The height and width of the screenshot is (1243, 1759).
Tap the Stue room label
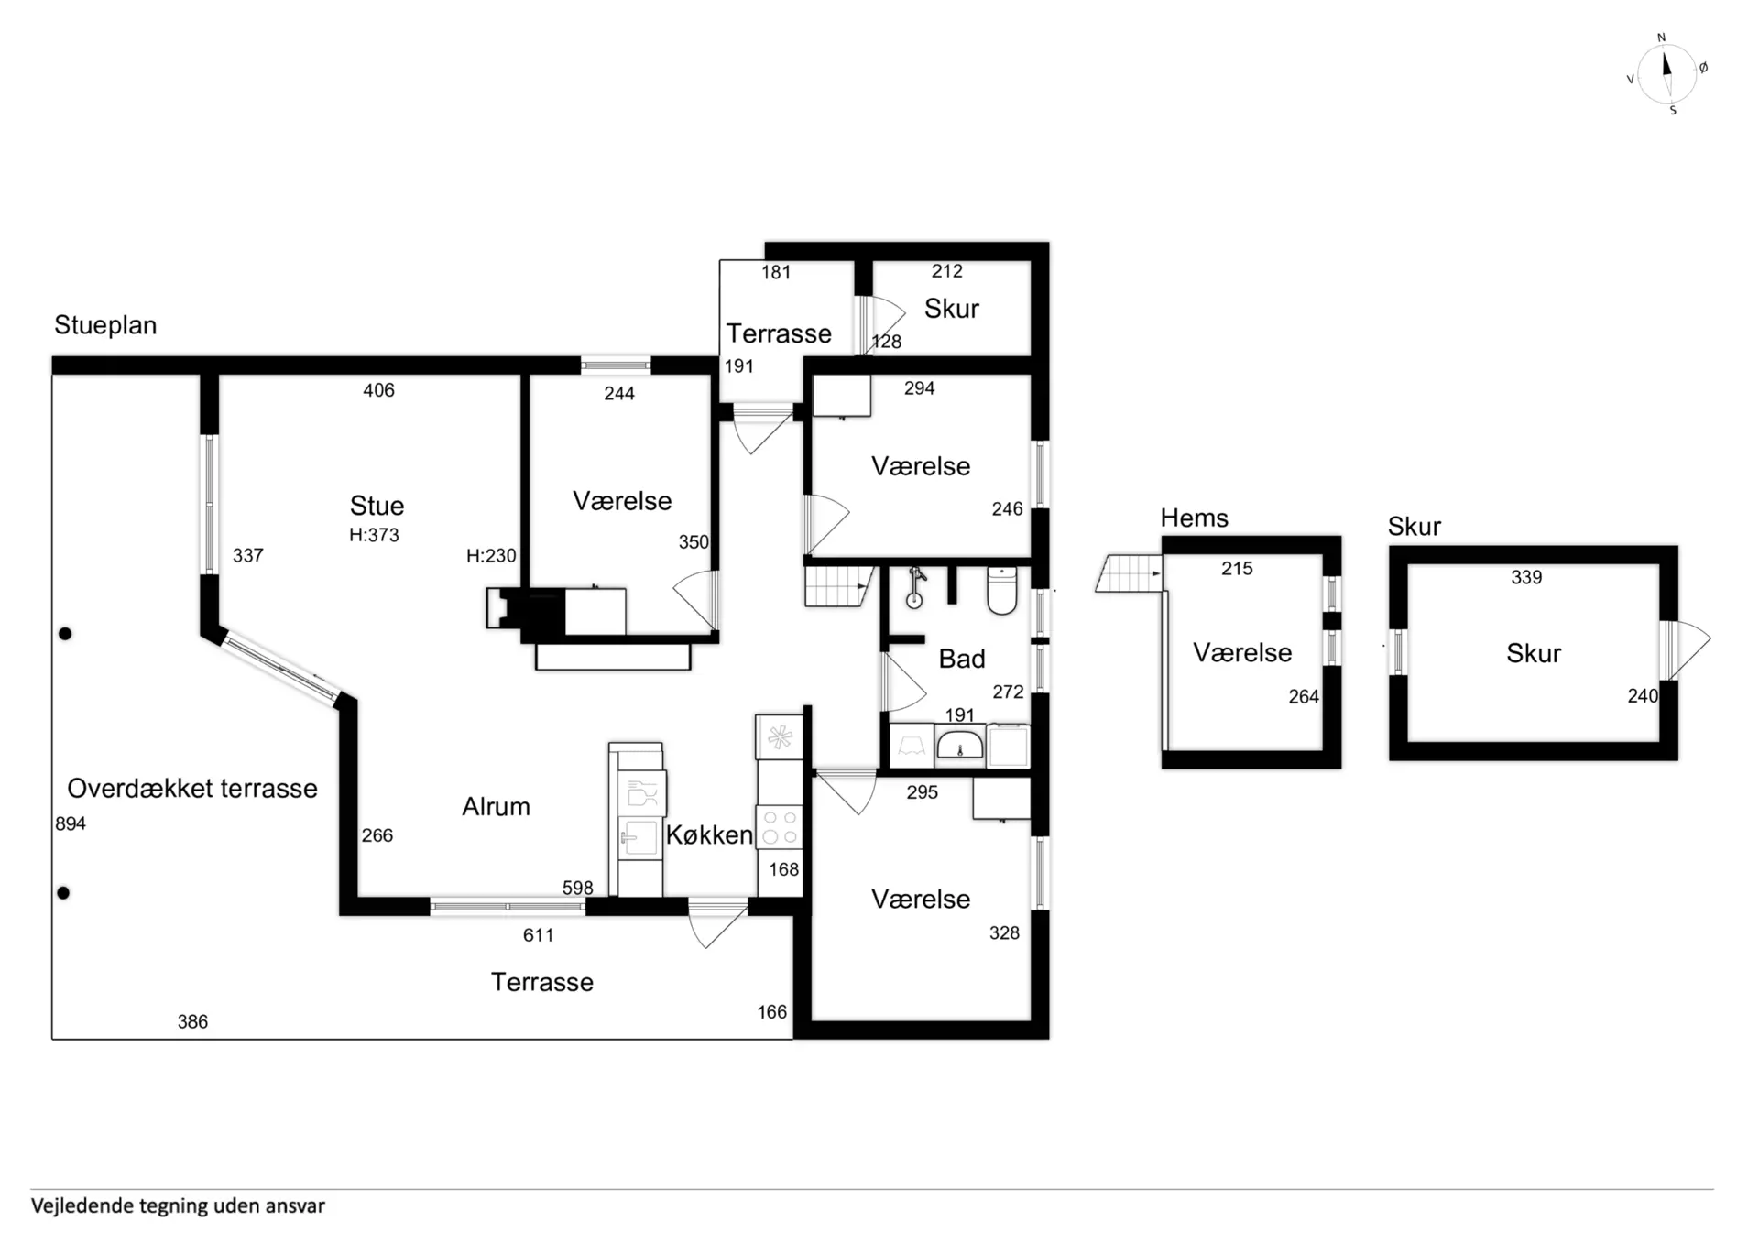point(377,506)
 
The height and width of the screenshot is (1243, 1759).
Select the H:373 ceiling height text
point(374,535)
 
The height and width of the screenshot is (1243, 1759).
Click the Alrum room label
point(496,806)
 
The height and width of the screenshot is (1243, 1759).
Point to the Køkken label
point(709,834)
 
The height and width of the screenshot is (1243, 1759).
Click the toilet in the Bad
point(1002,591)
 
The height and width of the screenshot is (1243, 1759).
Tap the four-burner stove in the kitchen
point(780,826)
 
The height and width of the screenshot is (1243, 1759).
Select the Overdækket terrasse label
point(192,788)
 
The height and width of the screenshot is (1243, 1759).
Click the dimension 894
point(71,823)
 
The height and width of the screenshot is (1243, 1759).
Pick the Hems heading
point(1194,518)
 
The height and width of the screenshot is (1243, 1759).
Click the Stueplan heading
point(105,325)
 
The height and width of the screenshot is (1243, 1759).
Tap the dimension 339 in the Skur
point(1526,577)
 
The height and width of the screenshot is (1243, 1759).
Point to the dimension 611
point(538,935)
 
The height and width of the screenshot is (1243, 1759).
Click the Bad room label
point(962,659)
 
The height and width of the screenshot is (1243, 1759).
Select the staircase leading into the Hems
point(1129,573)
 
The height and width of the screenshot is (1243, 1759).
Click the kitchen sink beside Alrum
point(639,837)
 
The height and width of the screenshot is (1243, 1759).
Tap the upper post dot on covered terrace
point(66,634)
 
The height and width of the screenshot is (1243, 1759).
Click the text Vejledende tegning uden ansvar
point(178,1205)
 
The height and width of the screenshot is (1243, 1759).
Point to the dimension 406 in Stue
point(378,390)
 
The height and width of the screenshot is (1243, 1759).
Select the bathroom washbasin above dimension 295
point(959,745)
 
